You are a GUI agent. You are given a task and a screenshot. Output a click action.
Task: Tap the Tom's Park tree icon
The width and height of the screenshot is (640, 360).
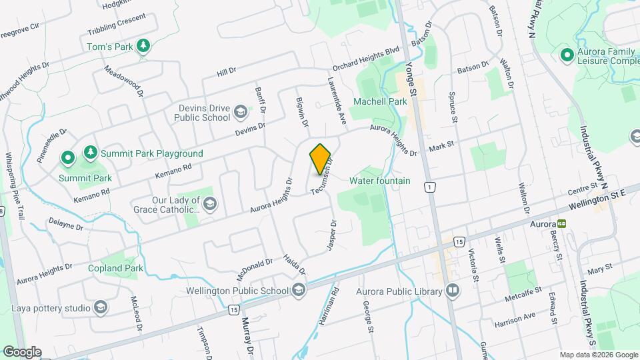coord(142,46)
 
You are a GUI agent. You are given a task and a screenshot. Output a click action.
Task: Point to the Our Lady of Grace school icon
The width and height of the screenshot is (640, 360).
coord(210,203)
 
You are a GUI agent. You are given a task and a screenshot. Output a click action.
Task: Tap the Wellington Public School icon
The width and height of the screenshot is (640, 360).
coord(298,290)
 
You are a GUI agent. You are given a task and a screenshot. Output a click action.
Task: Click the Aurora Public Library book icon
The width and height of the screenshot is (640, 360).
coord(453,291)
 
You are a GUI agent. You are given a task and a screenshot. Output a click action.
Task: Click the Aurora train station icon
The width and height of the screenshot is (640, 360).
coord(562,224)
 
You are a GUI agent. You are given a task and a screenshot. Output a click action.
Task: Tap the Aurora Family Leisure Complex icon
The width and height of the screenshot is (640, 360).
coord(567,54)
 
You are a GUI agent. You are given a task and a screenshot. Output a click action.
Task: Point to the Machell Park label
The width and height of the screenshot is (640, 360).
coord(380,101)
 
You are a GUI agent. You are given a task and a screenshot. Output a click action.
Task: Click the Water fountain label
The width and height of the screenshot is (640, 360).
coord(380,181)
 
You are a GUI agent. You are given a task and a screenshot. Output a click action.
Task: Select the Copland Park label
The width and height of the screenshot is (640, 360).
coord(115,268)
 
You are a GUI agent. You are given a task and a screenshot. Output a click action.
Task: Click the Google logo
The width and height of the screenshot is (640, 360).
coord(21,351)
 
